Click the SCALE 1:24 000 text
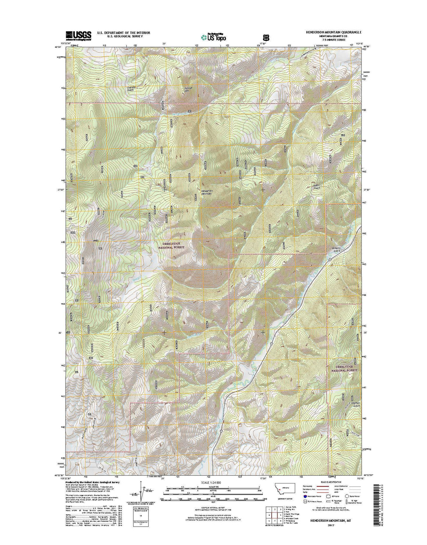point(211,482)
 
